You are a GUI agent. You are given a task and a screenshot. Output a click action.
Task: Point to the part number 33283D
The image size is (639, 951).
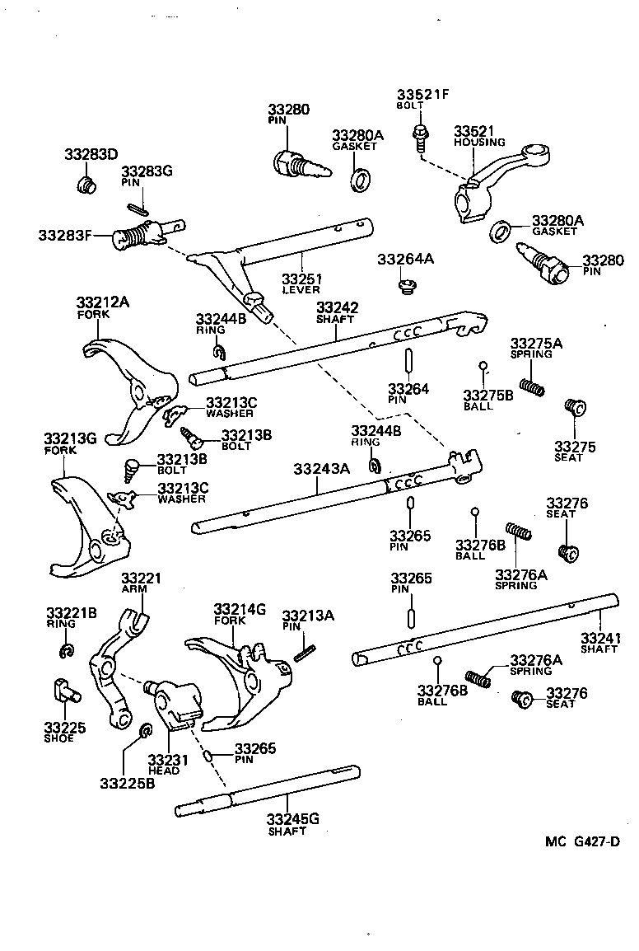click(91, 154)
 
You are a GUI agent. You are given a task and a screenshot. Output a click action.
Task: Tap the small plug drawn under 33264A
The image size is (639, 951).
click(404, 286)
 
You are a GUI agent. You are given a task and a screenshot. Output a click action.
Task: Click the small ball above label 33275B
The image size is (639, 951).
click(484, 367)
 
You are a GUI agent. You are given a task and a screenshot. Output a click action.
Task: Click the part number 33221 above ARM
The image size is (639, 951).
click(141, 579)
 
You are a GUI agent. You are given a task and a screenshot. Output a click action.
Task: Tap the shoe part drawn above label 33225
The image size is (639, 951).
click(63, 689)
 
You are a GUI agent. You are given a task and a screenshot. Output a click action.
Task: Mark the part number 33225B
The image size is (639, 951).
click(127, 782)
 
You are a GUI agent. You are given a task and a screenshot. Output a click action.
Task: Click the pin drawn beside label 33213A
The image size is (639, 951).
click(304, 651)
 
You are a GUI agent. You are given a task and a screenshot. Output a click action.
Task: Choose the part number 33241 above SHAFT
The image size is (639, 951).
click(600, 638)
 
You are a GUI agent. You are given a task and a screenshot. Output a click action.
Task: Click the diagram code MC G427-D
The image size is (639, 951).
click(581, 841)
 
